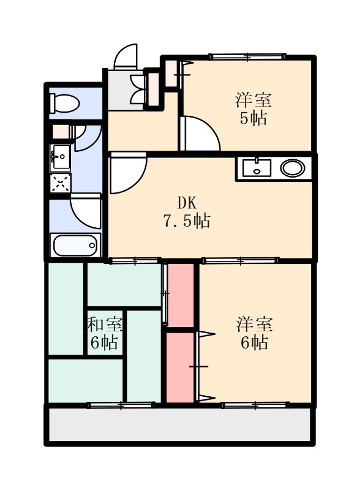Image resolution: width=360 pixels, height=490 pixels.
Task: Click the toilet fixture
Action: pyautogui.click(x=65, y=104)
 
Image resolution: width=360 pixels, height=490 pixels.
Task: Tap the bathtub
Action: pyautogui.click(x=75, y=245)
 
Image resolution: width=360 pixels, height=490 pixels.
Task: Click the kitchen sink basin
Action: pyautogui.click(x=257, y=168)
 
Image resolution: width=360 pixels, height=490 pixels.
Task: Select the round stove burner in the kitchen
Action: pyautogui.click(x=293, y=168)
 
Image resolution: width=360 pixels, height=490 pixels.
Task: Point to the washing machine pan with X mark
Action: pyautogui.click(x=61, y=183)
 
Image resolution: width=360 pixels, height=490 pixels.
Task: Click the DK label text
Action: pyautogui.click(x=187, y=203)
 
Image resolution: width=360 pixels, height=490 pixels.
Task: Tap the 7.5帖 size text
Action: pyautogui.click(x=186, y=221)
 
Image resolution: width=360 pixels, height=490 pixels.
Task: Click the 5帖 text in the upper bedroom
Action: pyautogui.click(x=253, y=119)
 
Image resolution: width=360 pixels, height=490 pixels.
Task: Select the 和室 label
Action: pyautogui.click(x=104, y=325)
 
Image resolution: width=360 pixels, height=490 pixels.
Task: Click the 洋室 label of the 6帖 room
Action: pyautogui.click(x=254, y=324)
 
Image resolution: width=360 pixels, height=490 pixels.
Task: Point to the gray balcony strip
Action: pyautogui.click(x=179, y=424)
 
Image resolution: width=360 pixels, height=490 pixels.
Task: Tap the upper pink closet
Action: pyautogui.click(x=181, y=295)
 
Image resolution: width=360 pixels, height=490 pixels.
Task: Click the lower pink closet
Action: pyautogui.click(x=181, y=367)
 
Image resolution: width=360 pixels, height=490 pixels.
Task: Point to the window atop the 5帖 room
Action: pyautogui.click(x=247, y=56)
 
